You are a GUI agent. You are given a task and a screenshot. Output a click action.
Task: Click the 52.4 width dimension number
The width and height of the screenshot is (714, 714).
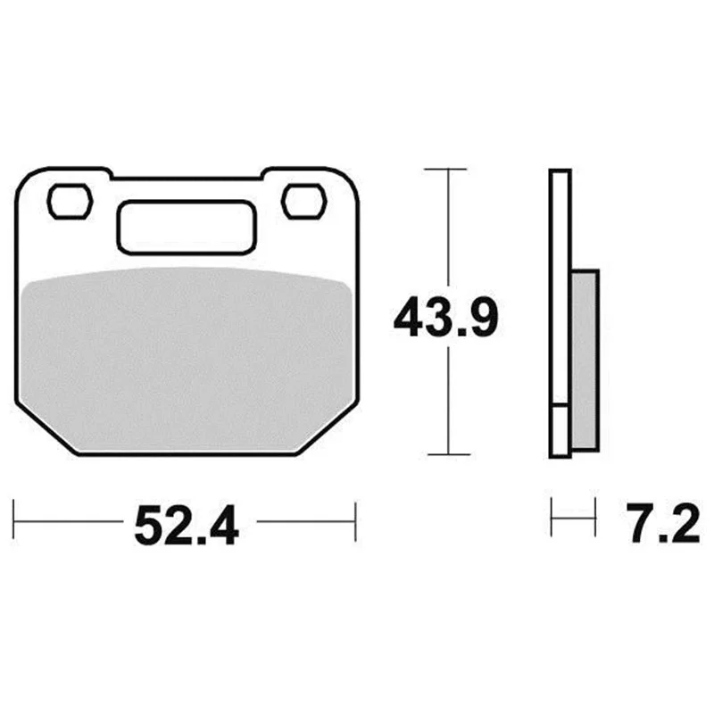[x=187, y=525]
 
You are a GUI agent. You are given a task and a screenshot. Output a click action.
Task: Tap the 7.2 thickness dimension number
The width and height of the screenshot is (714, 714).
[x=662, y=524]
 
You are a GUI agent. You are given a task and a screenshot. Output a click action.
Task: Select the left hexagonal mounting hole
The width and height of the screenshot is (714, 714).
[x=71, y=202]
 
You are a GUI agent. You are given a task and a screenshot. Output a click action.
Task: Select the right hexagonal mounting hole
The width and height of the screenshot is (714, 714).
[x=303, y=202]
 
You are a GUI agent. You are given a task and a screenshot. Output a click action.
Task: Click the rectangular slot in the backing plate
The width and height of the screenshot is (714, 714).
[x=187, y=227]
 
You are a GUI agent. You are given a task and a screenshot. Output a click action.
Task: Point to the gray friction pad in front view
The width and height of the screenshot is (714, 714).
[x=186, y=360]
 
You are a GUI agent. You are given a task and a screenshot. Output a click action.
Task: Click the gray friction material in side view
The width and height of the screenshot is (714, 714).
[x=585, y=361]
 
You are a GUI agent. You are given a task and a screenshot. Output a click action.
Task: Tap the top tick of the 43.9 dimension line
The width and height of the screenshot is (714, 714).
[x=445, y=169]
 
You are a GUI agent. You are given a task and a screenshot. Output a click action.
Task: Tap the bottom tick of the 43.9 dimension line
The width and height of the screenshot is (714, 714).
[x=449, y=454]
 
